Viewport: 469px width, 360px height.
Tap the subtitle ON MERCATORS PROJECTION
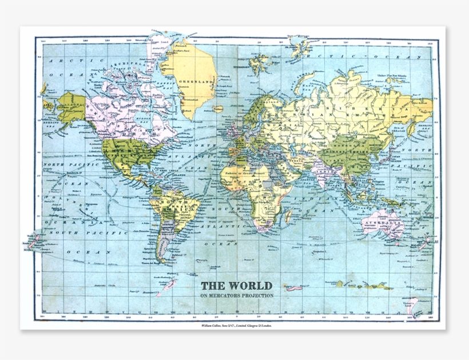coord(236,296)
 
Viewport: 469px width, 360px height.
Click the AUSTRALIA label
coord(384,223)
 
